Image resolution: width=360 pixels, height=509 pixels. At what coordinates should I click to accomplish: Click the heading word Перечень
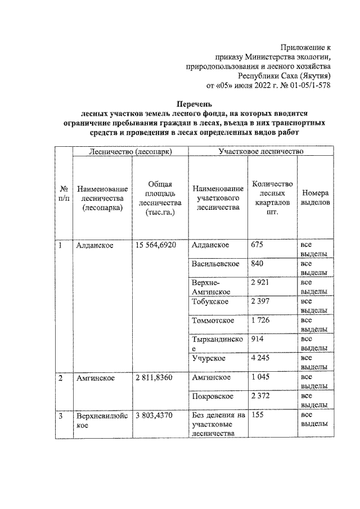194,104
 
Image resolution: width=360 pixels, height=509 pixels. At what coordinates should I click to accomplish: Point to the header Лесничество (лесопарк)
129,151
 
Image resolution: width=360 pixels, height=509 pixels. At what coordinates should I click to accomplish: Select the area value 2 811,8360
156,379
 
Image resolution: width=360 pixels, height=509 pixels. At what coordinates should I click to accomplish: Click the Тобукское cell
210,302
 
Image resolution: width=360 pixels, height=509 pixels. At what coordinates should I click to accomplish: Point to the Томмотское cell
213,321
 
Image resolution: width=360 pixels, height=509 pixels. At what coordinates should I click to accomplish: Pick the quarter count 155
258,416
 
